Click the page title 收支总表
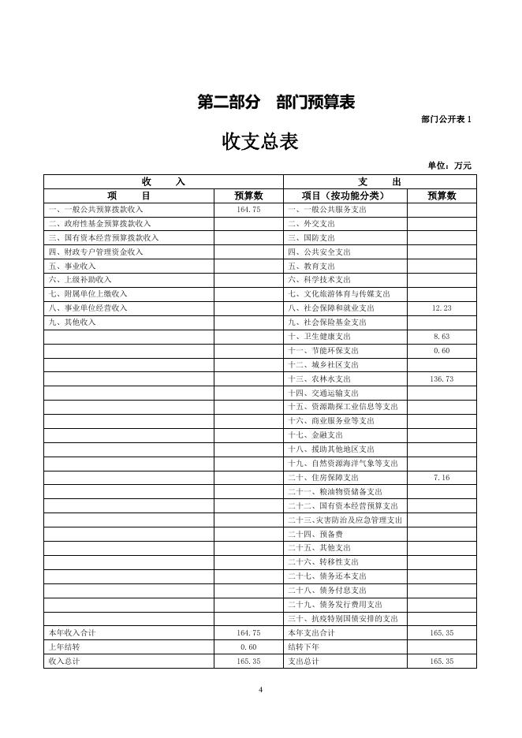(x=260, y=142)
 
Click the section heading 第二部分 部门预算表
(x=276, y=102)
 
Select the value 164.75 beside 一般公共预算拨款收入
(x=248, y=210)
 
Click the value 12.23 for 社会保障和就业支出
(x=442, y=308)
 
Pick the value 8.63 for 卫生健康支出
(x=442, y=337)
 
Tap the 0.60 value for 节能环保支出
(x=442, y=351)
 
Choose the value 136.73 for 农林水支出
(x=442, y=379)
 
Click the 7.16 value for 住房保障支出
(x=442, y=478)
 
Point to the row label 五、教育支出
(x=311, y=266)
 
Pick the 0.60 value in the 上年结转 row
(x=248, y=647)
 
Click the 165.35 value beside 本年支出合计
(x=442, y=633)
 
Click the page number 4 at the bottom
(x=260, y=691)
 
